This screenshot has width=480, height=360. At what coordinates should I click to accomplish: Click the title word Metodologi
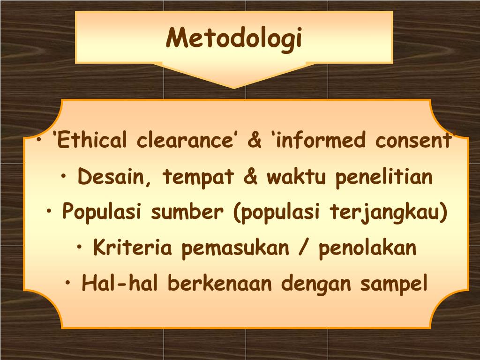[233, 38]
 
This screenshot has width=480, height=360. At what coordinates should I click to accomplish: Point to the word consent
[414, 141]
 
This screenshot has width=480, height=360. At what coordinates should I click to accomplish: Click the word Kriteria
[133, 247]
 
